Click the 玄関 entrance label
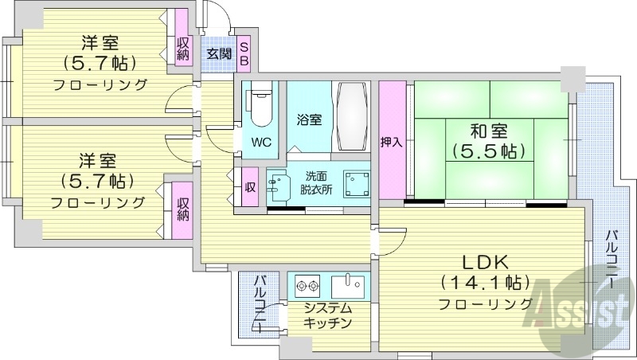[x=219, y=54]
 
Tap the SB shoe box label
[x=244, y=53]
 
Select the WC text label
[x=260, y=143]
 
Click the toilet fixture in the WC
[x=260, y=107]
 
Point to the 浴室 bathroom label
[x=309, y=120]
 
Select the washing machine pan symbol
[x=356, y=186]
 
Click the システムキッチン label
[x=327, y=315]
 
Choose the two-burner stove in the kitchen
[x=306, y=285]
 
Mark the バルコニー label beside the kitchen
[x=260, y=303]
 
